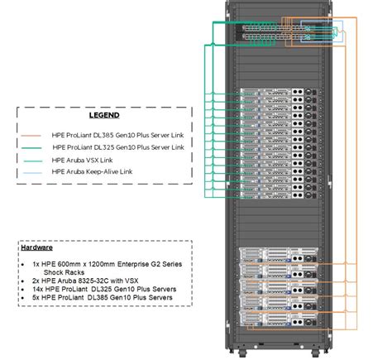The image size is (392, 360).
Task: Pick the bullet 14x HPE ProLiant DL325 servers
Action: [x=103, y=290]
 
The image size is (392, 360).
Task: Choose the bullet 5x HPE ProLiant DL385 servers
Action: [x=102, y=300]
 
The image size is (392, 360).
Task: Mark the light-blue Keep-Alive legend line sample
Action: [x=35, y=171]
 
